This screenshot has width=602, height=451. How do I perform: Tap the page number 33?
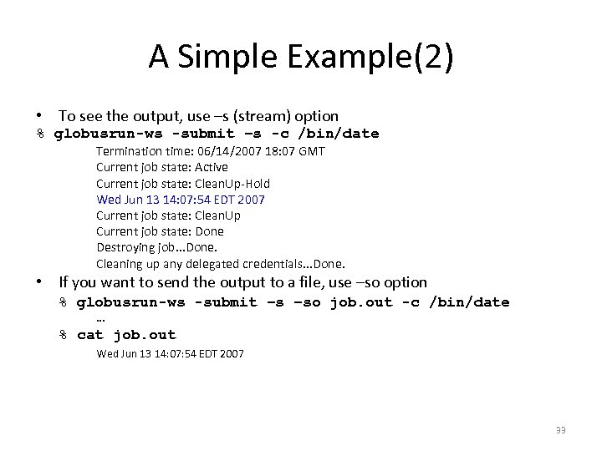(x=560, y=430)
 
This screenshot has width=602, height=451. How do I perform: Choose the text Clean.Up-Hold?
(x=232, y=183)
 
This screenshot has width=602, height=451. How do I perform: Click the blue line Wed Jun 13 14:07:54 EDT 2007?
(x=181, y=199)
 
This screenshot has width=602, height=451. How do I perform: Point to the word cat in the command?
(x=90, y=335)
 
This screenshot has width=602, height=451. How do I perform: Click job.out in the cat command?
(x=145, y=335)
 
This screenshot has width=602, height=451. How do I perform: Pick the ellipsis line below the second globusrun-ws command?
(x=100, y=318)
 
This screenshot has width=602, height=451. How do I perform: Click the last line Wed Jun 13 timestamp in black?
(x=171, y=354)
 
